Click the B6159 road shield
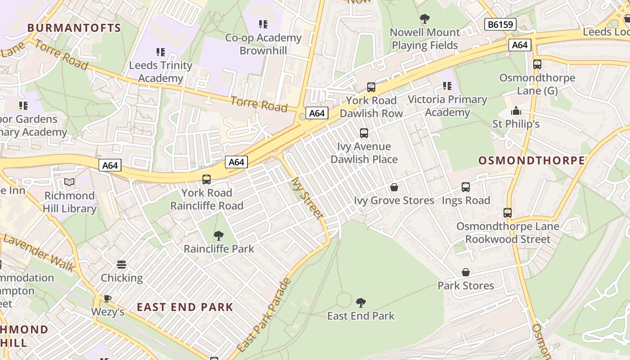coord(500,24)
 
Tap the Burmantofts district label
coord(74,28)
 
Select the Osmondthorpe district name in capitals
coord(531,161)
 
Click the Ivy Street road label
coord(307,198)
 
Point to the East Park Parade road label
coord(264,315)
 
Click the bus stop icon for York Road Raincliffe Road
coord(207,180)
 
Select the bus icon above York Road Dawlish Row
coord(371,87)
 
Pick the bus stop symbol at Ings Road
coord(466,187)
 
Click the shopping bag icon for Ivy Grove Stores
coord(394,187)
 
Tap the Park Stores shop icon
coord(466,272)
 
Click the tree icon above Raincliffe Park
coord(219,235)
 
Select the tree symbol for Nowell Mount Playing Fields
coord(424,19)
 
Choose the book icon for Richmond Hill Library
coord(69,182)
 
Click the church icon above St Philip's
coord(516,110)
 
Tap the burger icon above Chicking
coord(121,265)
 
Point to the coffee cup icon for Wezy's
coord(108,298)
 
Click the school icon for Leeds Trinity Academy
coord(160,52)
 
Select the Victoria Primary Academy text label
coord(447,106)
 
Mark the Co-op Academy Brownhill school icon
coord(263,24)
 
